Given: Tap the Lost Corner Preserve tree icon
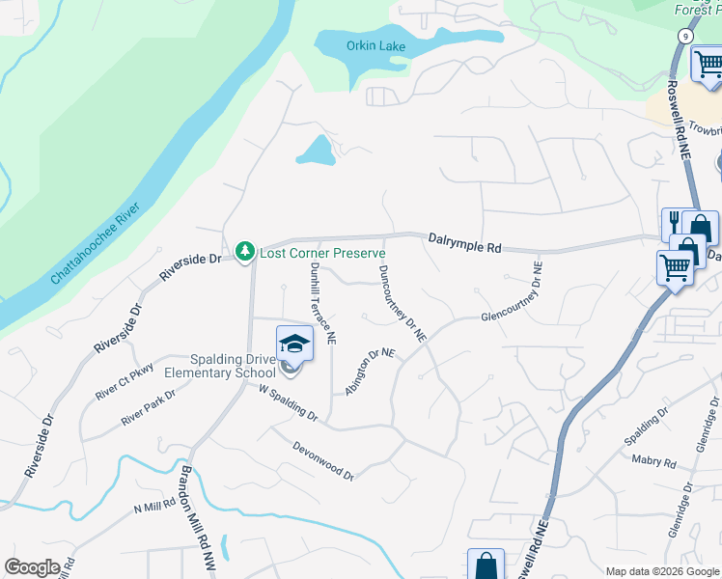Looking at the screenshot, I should point(245,252).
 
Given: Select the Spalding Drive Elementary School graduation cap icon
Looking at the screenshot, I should point(294,345).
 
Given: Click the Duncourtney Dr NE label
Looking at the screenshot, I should point(403,303).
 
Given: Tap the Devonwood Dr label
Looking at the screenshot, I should point(323,456).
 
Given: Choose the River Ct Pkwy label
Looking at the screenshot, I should point(125,382).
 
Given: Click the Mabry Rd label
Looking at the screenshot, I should point(653,461).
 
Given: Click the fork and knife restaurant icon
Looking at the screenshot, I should point(673,223).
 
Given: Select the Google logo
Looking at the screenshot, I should point(32,567).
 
